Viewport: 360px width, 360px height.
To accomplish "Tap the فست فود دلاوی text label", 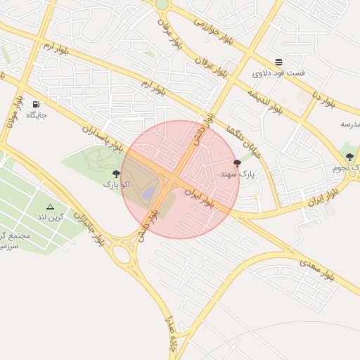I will click(279, 73).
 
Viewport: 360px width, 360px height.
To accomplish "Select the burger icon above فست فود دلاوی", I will click(279, 62).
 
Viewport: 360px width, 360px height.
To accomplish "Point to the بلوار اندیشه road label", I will click(265, 101).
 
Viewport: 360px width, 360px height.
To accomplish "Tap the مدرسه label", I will click(350, 124).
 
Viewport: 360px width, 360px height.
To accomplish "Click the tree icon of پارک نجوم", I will click(349, 157).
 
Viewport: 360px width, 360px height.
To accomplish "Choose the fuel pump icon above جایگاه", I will click(35, 103).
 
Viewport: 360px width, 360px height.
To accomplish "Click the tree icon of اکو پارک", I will click(116, 174).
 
